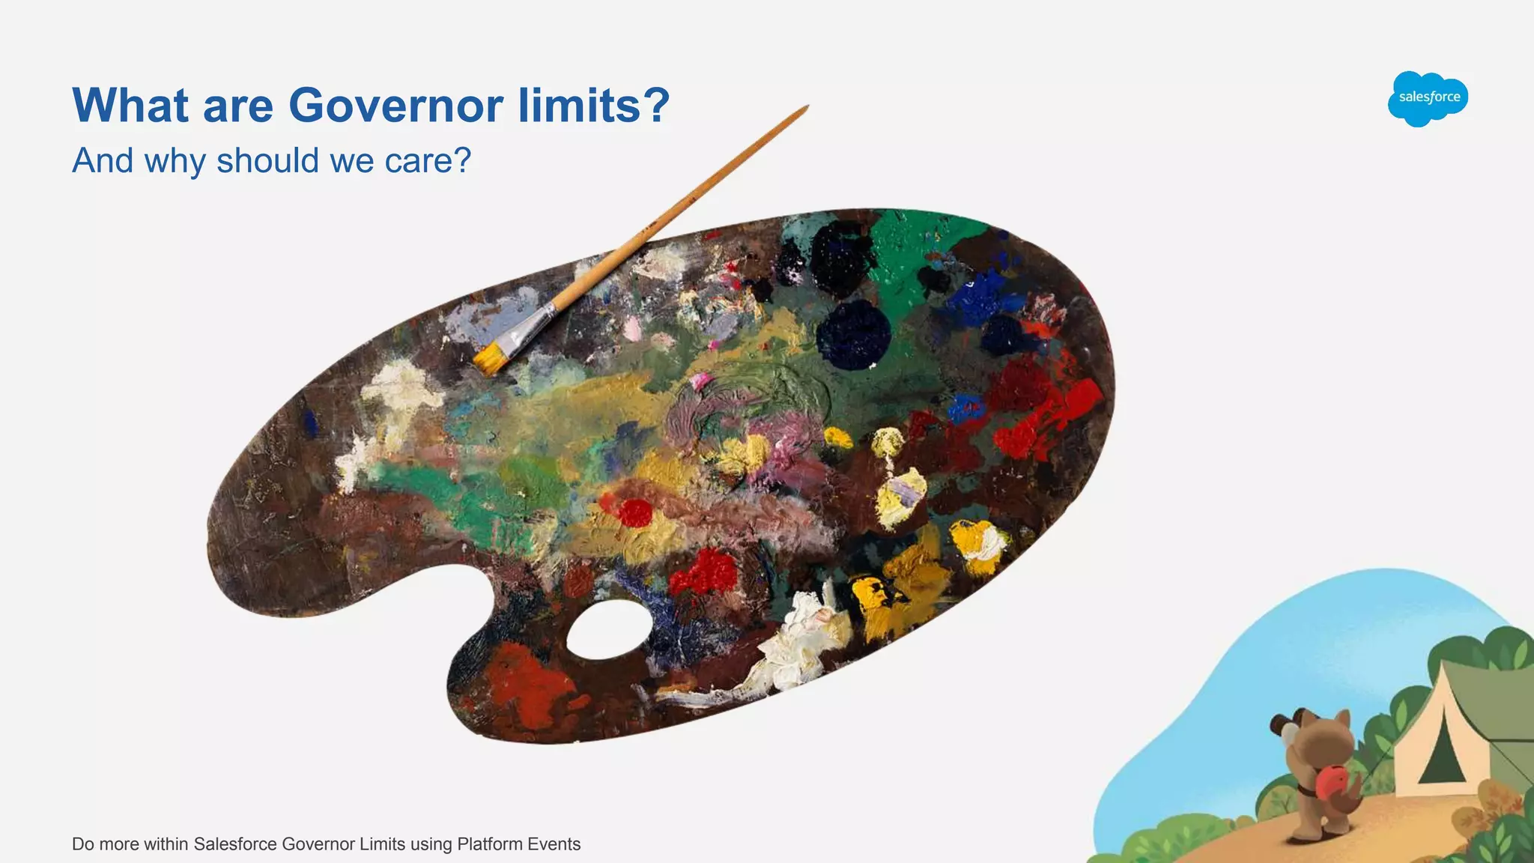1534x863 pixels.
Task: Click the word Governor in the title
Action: (x=395, y=105)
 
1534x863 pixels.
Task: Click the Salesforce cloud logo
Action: (x=1428, y=98)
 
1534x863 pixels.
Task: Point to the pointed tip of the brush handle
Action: (x=806, y=108)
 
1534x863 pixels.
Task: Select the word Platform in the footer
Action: (x=489, y=844)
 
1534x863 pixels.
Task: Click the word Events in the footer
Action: (x=554, y=844)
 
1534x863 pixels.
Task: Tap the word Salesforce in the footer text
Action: (x=234, y=844)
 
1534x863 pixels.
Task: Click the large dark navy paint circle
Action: (x=853, y=335)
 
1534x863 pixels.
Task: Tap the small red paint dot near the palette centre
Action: (x=636, y=513)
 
